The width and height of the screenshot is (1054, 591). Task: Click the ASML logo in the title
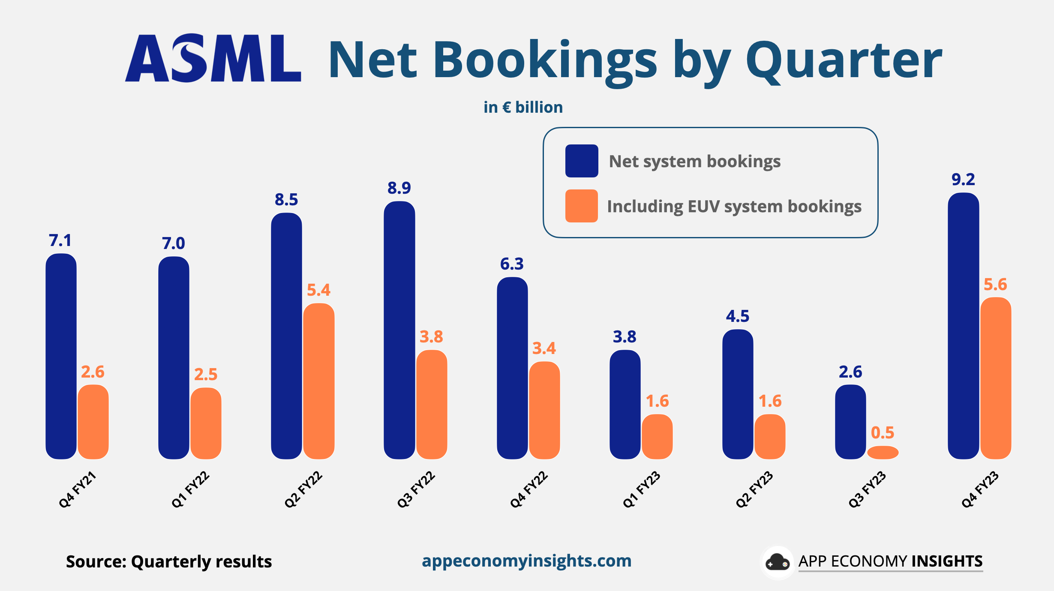tap(213, 58)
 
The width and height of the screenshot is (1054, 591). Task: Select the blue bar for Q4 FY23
tap(963, 326)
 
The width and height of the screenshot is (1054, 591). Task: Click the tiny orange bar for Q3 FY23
tap(883, 452)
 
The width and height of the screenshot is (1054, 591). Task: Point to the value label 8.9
tap(399, 188)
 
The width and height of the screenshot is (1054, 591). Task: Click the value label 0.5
tap(883, 432)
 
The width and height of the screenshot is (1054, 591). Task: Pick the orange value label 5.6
tap(995, 284)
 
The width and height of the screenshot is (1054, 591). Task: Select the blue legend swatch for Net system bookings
tap(581, 161)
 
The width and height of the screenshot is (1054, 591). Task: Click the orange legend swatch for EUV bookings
tap(581, 206)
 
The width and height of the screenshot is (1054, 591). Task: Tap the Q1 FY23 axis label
tap(641, 489)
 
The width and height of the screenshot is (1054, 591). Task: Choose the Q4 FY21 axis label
tap(77, 489)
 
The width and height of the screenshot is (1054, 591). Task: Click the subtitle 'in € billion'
tap(523, 107)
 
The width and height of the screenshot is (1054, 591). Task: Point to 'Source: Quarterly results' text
tap(169, 561)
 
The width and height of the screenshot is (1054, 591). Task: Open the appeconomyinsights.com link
tap(526, 561)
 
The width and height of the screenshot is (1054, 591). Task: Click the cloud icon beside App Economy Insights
tap(777, 562)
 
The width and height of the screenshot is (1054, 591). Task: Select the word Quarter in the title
tap(844, 60)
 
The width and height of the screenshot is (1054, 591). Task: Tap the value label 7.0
tap(173, 243)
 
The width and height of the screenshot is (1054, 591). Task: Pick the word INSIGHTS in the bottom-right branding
tap(947, 561)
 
